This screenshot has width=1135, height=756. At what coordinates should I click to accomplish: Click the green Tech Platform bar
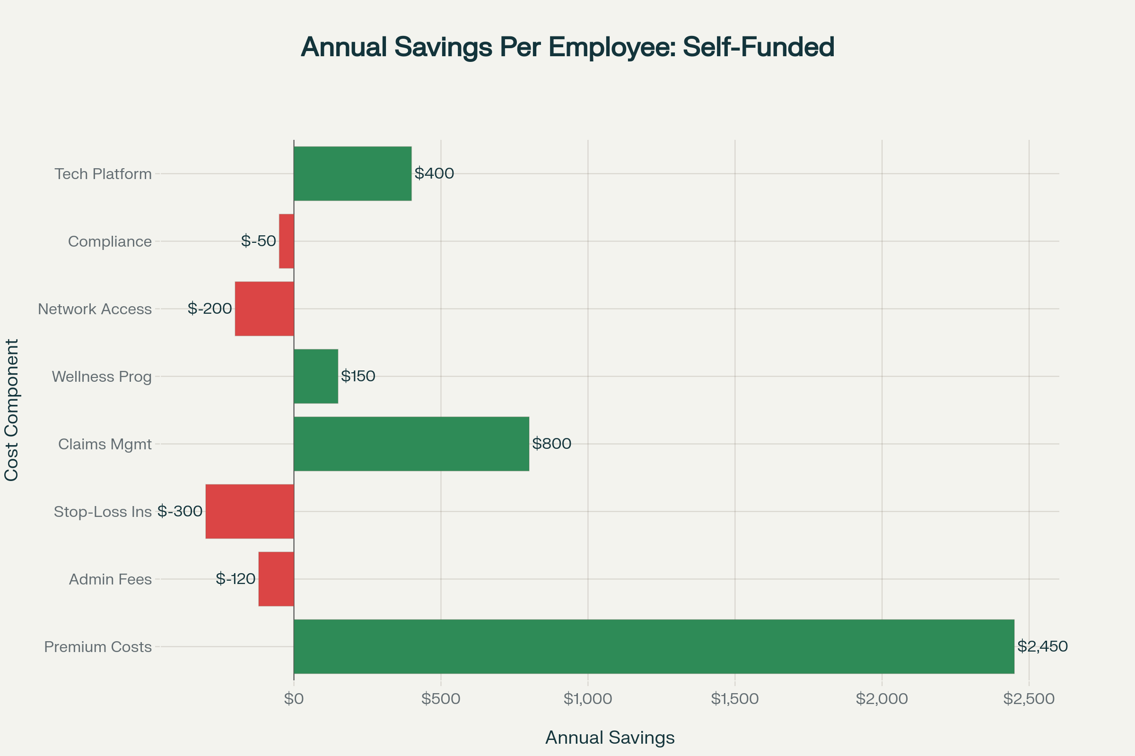352,173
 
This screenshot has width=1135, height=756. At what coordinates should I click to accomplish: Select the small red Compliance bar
287,241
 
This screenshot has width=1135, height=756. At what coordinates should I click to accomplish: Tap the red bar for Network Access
264,309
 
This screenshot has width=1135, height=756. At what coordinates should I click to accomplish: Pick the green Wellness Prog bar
315,376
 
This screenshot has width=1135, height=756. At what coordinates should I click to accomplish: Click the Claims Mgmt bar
411,444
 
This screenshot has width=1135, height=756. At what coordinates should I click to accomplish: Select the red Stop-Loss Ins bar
250,511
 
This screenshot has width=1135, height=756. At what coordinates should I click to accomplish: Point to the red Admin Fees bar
276,578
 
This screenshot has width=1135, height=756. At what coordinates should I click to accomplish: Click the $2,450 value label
1042,646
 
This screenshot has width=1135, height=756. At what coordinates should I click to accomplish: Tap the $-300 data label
180,511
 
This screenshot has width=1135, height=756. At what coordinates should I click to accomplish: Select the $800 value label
551,444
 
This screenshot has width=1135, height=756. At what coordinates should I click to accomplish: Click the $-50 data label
259,241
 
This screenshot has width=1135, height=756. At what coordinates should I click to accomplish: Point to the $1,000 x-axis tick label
588,699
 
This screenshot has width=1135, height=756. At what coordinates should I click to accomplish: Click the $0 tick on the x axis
293,699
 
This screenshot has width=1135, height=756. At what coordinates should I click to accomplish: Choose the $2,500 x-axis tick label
1029,699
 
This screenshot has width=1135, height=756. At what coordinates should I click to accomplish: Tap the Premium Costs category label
98,646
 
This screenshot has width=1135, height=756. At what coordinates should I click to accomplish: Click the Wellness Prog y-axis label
102,377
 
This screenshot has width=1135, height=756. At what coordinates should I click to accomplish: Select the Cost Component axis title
11,410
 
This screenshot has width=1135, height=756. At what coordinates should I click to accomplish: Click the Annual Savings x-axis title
610,738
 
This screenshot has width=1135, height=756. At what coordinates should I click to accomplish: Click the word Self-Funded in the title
758,47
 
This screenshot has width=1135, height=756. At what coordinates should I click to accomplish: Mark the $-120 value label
236,578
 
